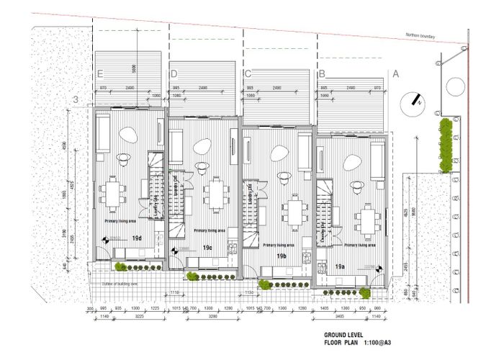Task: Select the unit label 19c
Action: coord(208,248)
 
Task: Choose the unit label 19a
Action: coord(341,266)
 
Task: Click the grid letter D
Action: coord(174,73)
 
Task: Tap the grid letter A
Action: coord(395,73)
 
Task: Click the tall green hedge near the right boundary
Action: coord(446,144)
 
